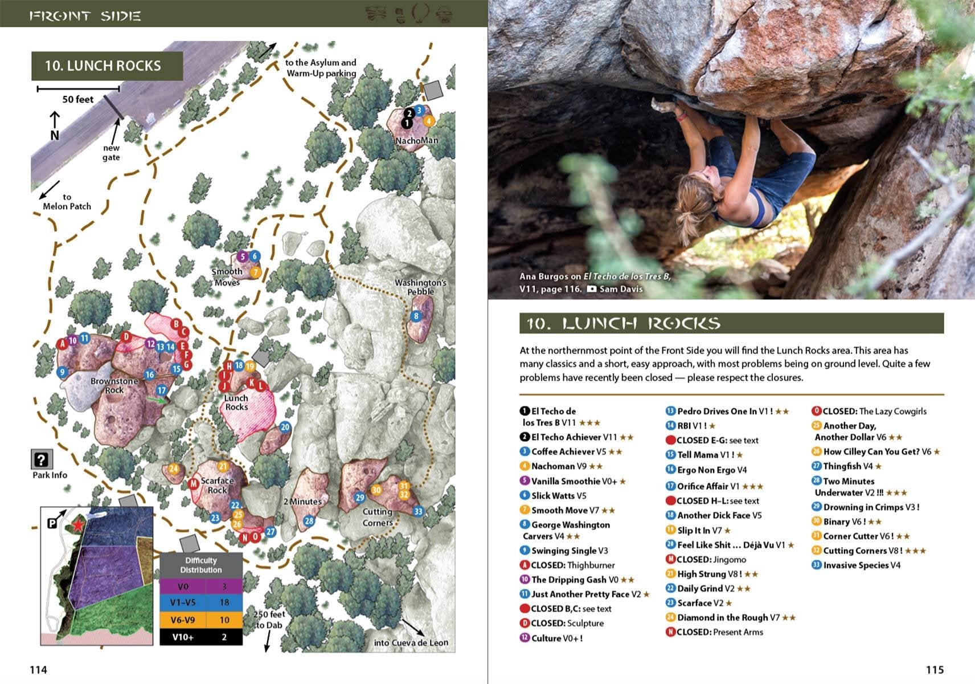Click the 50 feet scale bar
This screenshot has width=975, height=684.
78,89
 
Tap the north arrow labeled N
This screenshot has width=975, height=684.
55,127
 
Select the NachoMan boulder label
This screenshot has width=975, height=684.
417,140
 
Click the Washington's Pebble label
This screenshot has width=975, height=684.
420,287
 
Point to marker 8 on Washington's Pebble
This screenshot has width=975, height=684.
416,316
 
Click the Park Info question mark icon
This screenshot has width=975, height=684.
41,459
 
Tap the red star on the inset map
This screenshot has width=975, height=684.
77,524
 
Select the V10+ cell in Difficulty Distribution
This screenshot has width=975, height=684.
182,637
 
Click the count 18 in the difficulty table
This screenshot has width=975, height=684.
224,602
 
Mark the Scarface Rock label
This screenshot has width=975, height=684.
217,485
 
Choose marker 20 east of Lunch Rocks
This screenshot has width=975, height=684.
285,427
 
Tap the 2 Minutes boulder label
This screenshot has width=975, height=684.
303,502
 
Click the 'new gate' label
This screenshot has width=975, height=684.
111,153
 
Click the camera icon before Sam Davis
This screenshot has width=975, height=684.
592,289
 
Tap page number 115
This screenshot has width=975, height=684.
935,670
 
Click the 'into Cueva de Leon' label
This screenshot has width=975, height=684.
411,642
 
